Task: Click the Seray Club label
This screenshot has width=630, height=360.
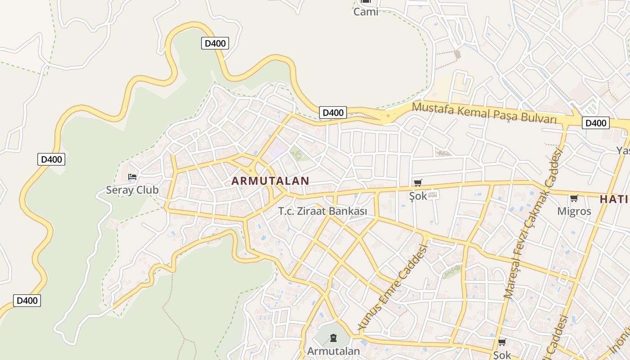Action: pyautogui.click(x=132, y=190)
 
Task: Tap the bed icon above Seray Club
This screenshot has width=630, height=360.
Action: pyautogui.click(x=132, y=177)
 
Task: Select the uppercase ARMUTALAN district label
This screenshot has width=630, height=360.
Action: pyautogui.click(x=270, y=181)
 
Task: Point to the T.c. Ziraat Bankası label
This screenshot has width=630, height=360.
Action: pyautogui.click(x=323, y=211)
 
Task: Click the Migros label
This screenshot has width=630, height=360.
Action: pyautogui.click(x=574, y=211)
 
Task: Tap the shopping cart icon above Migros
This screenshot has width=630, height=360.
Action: pyautogui.click(x=574, y=198)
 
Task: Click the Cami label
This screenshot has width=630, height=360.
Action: pyautogui.click(x=366, y=12)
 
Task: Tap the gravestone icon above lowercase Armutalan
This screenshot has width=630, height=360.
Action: pyautogui.click(x=333, y=337)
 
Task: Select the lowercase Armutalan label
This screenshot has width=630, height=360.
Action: pyautogui.click(x=333, y=351)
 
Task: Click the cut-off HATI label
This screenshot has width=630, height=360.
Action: pyautogui.click(x=614, y=199)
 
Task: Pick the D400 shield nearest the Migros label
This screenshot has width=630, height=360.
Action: pyautogui.click(x=595, y=123)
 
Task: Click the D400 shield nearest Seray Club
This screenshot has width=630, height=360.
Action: pyautogui.click(x=51, y=159)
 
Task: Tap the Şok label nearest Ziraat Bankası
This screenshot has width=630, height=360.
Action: pyautogui.click(x=418, y=196)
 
